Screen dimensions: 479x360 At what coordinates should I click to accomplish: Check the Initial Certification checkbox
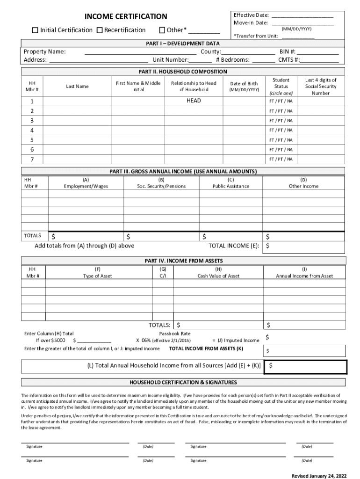click(35, 30)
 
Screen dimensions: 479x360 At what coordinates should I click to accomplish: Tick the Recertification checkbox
click(100, 30)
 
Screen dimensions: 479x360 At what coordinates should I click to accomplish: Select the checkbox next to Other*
click(162, 30)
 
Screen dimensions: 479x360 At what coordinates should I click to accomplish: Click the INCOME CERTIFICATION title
click(125, 17)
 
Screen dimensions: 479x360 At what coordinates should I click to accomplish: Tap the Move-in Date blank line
click(302, 22)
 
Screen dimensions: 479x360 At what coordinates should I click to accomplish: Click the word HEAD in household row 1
click(194, 101)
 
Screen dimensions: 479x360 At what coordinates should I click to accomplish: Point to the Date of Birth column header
click(244, 87)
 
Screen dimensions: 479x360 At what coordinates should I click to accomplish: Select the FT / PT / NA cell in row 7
click(281, 159)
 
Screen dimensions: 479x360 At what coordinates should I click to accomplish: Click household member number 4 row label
click(32, 130)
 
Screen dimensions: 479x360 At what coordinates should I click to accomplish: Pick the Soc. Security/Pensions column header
click(161, 186)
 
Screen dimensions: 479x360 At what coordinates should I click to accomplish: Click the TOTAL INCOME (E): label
click(234, 246)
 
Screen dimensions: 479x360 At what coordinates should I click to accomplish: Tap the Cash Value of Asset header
click(218, 276)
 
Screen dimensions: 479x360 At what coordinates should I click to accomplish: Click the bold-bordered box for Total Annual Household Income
click(306, 367)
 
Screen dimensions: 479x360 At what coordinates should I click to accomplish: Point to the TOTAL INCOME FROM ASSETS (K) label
click(206, 348)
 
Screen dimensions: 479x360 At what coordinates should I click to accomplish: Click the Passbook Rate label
click(175, 334)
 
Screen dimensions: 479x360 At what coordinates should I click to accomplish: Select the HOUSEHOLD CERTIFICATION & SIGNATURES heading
click(183, 382)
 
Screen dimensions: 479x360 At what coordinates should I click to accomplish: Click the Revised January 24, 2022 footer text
click(319, 475)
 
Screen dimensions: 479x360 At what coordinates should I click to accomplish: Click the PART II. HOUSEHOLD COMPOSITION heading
click(183, 72)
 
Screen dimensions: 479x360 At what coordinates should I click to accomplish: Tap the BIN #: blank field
click(317, 51)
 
